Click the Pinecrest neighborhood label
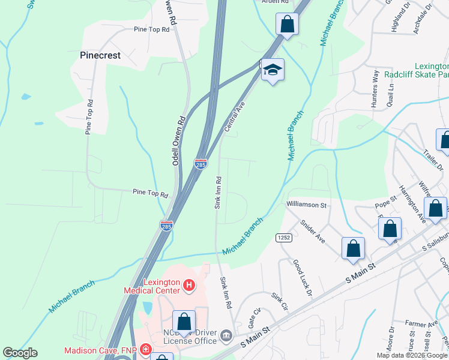[x=100, y=55]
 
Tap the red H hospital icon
[x=188, y=284]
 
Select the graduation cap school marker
[x=273, y=70]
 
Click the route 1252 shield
[x=284, y=238]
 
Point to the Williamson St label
[x=306, y=205]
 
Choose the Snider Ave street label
[x=313, y=230]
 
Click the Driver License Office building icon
[x=226, y=335]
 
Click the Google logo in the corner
[x=20, y=353]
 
